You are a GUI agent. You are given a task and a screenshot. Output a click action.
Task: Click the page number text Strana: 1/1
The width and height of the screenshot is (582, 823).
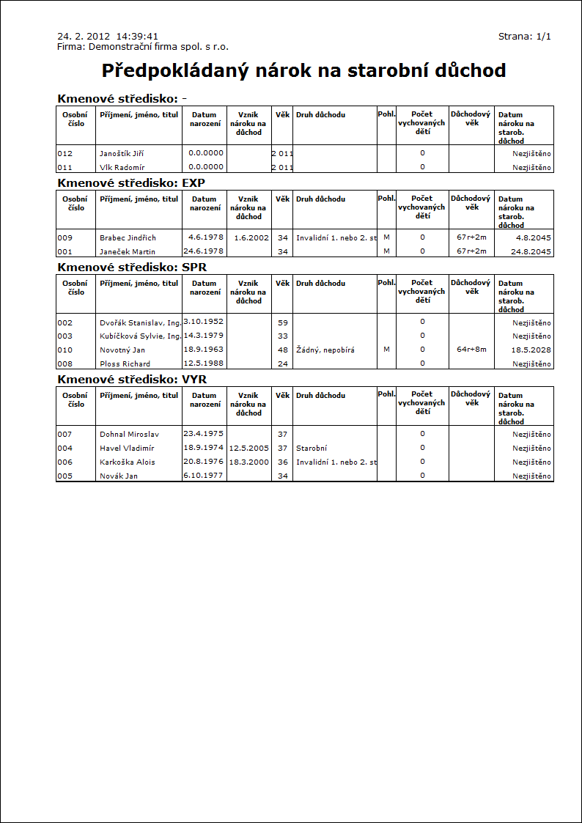tap(524, 36)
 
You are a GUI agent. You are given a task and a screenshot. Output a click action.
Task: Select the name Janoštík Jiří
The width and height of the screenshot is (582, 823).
tap(122, 154)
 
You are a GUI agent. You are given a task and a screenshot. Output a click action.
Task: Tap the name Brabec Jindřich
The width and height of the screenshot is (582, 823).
tap(128, 238)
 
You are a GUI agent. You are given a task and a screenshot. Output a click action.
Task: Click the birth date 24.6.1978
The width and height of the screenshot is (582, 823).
tap(203, 251)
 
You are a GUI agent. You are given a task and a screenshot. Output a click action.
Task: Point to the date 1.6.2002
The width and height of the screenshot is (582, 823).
tap(251, 238)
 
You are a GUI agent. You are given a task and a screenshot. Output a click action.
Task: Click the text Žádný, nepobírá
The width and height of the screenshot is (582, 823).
tap(325, 350)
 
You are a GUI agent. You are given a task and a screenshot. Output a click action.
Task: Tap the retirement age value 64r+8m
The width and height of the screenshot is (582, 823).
tap(471, 350)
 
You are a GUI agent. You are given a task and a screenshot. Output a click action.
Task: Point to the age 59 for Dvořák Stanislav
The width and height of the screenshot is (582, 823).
tap(282, 322)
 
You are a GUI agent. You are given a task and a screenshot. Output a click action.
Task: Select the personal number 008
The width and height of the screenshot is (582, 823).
tap(65, 364)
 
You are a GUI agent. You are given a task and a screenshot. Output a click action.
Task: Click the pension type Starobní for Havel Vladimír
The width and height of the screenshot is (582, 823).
tap(312, 449)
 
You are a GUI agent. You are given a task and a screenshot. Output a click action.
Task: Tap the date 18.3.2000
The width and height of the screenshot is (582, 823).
tap(249, 462)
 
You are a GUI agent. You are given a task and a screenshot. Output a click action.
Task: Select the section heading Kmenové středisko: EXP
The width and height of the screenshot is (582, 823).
tap(131, 182)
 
